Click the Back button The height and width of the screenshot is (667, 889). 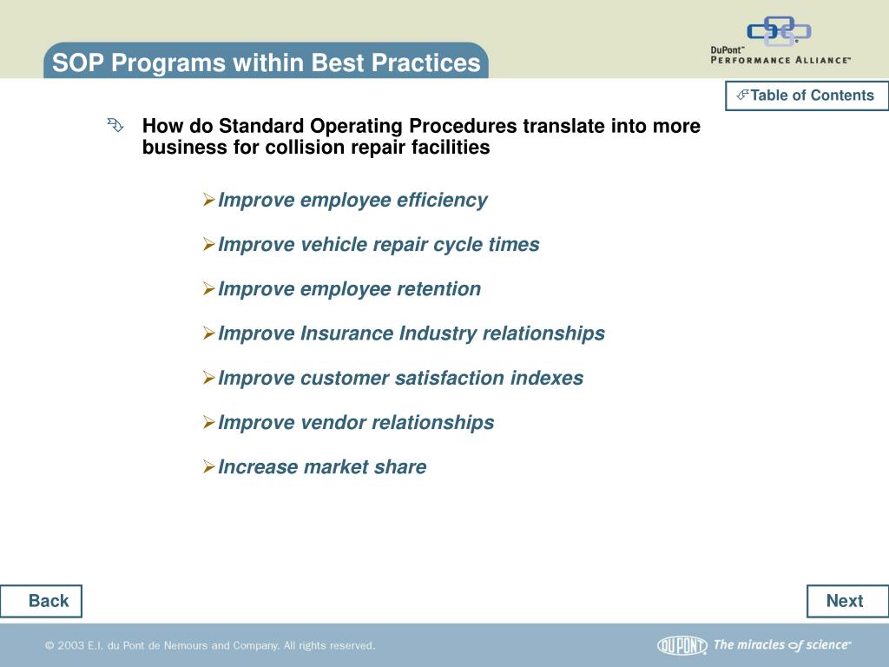pyautogui.click(x=41, y=601)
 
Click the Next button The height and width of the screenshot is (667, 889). pyautogui.click(x=847, y=601)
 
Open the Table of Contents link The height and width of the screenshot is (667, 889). pyautogui.click(x=807, y=96)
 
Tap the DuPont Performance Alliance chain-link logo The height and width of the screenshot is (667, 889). pyautogui.click(x=779, y=30)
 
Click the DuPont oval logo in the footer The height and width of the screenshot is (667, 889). pyautogui.click(x=682, y=645)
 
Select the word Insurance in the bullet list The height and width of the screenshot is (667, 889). pyautogui.click(x=346, y=333)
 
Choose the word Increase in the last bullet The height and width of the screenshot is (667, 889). pyautogui.click(x=258, y=466)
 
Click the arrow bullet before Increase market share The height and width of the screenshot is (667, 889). pyautogui.click(x=208, y=466)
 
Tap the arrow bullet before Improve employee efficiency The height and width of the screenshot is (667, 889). pyautogui.click(x=208, y=200)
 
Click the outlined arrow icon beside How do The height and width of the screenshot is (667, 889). pyautogui.click(x=115, y=125)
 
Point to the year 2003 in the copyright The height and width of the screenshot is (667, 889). pyautogui.click(x=70, y=645)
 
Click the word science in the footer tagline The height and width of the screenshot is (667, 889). pyautogui.click(x=828, y=645)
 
